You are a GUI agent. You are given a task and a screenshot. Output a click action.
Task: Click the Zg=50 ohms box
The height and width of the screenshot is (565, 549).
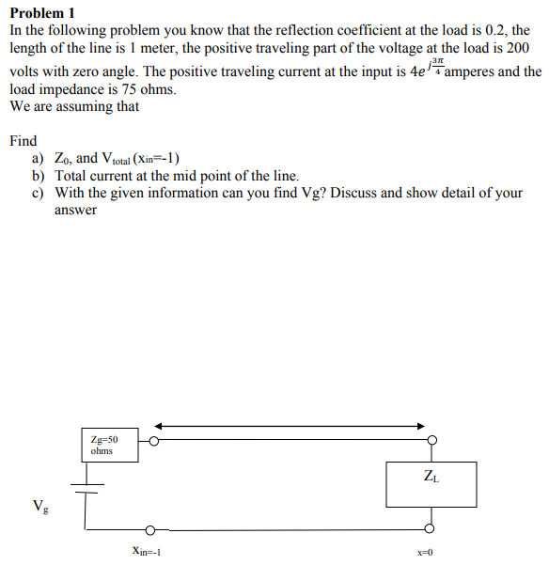click(x=110, y=445)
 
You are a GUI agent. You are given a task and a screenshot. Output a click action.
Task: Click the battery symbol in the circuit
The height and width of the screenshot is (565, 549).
click(x=87, y=492)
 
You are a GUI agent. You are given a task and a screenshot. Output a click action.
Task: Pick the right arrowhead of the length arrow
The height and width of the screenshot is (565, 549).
click(x=422, y=426)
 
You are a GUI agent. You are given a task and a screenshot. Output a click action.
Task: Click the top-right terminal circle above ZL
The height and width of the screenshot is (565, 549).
click(x=431, y=439)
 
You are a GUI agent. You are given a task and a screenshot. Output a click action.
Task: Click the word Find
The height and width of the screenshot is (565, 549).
click(x=23, y=141)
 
